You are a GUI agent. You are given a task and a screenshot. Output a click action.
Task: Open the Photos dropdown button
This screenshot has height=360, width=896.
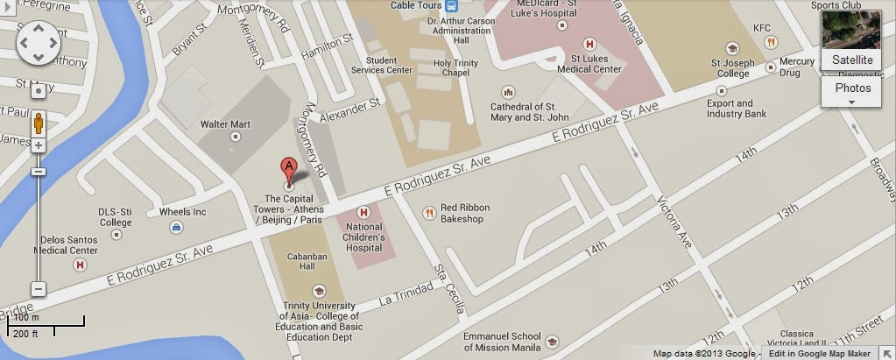pyautogui.click(x=851, y=92)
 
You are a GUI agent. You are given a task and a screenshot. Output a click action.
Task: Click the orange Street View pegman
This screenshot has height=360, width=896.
pyautogui.click(x=39, y=124)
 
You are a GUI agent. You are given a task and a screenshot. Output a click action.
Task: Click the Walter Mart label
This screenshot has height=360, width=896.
pyautogui.click(x=225, y=124)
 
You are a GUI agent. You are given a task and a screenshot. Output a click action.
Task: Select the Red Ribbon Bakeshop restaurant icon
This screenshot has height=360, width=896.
pyautogui.click(x=429, y=212)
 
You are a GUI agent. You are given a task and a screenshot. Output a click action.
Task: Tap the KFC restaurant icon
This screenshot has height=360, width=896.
pyautogui.click(x=770, y=41)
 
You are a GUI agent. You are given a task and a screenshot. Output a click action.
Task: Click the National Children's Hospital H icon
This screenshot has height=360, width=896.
pyautogui.click(x=363, y=213)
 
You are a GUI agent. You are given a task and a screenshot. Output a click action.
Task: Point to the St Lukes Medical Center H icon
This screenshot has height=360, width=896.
pyautogui.click(x=589, y=43)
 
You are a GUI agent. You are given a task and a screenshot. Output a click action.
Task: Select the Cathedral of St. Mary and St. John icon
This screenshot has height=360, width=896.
pyautogui.click(x=507, y=92)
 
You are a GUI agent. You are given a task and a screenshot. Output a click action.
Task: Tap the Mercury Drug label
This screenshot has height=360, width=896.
pyautogui.click(x=797, y=67)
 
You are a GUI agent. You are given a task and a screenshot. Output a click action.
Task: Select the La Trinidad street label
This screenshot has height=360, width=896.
pyautogui.click(x=406, y=294)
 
